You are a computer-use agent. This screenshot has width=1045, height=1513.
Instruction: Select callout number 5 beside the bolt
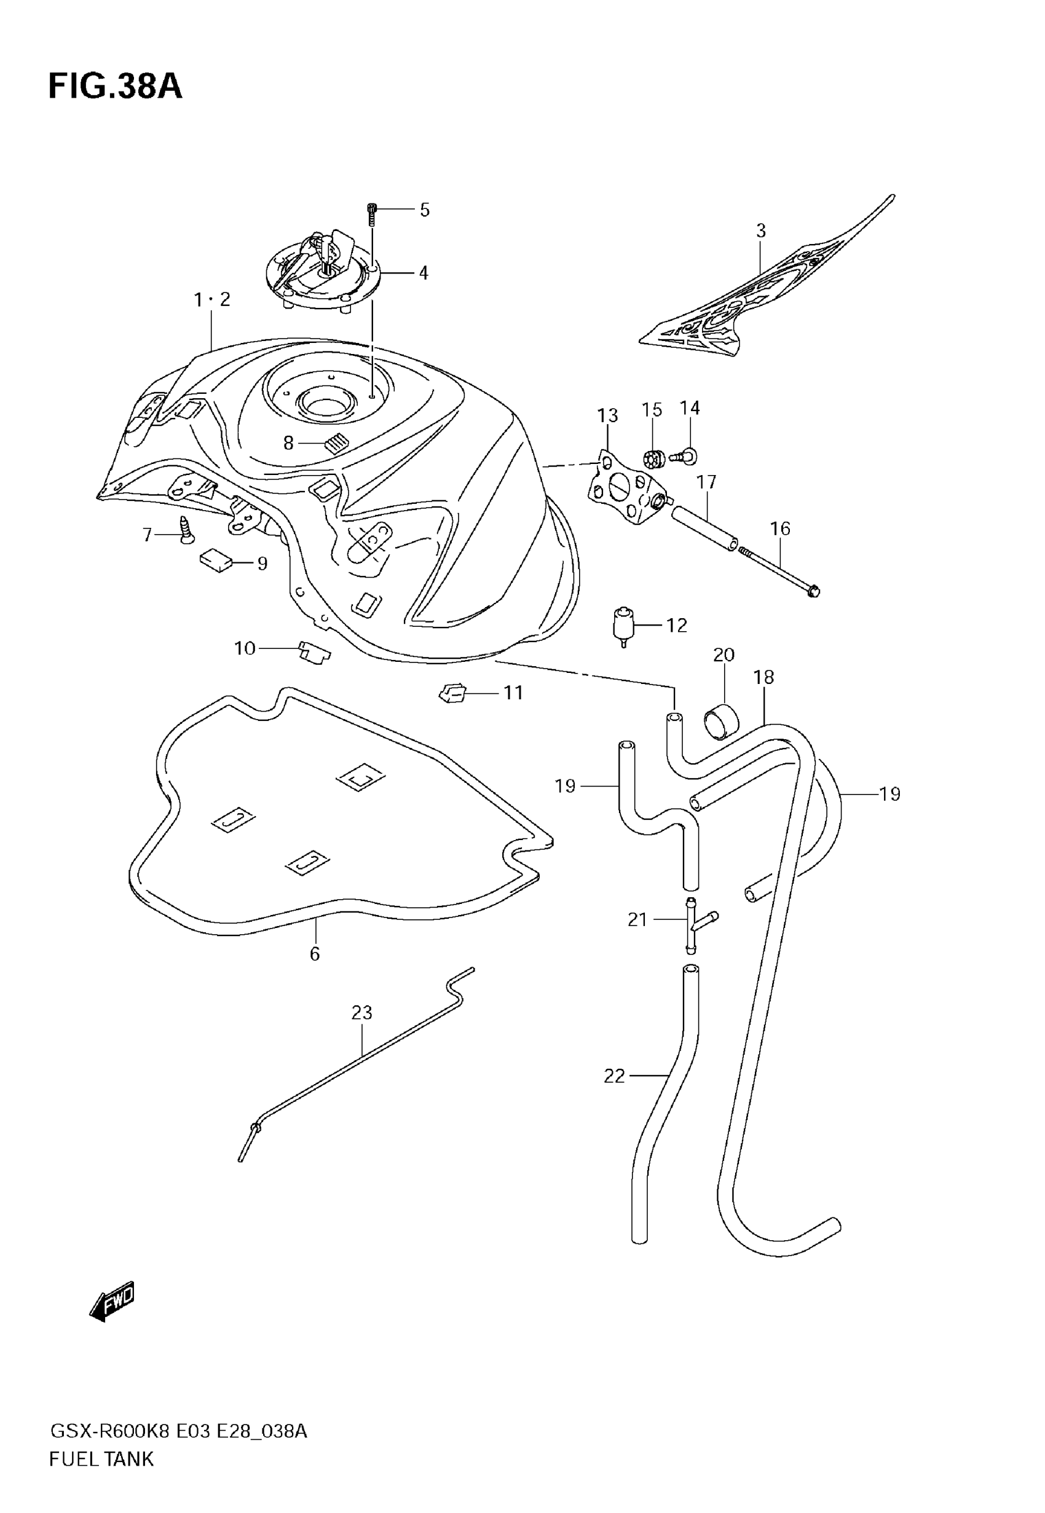[x=424, y=210]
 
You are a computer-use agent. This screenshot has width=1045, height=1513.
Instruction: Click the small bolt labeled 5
[x=372, y=213]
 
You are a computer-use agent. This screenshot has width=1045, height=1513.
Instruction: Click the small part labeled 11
[x=452, y=693]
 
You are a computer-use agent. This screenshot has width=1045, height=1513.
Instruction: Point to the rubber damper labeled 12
[x=623, y=625]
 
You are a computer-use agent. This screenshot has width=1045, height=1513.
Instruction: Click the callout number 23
[x=361, y=1012]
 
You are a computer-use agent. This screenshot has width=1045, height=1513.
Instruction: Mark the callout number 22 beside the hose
[x=614, y=1076]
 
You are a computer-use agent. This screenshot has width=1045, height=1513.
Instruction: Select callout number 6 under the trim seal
[x=315, y=954]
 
